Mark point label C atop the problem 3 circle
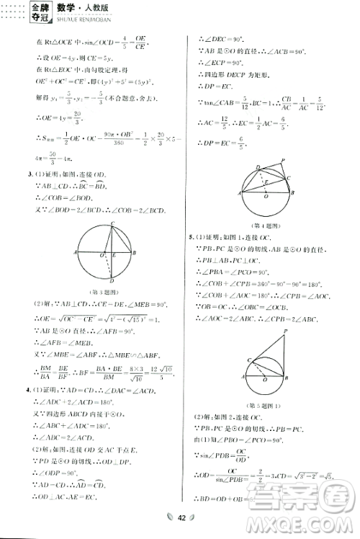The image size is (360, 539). pos(112,223)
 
